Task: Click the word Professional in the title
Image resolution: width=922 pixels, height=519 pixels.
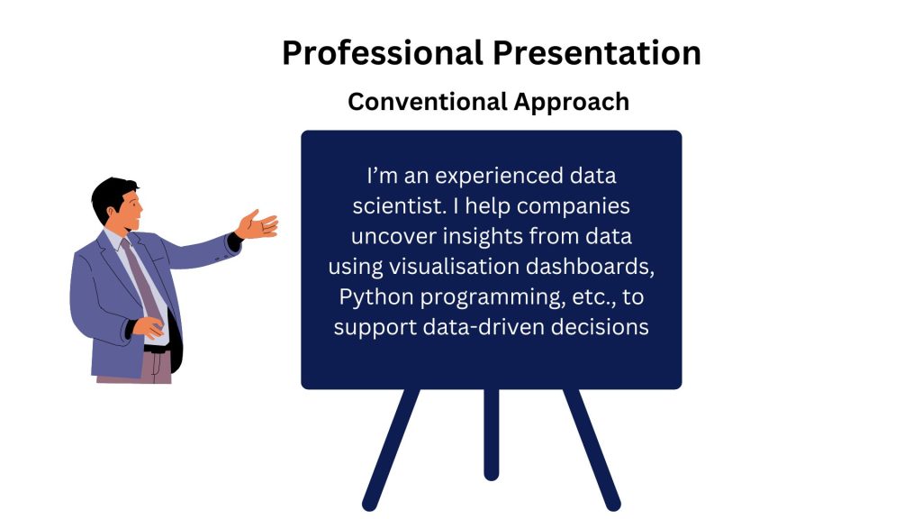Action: pos(383,53)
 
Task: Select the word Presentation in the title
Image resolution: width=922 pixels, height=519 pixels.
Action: pos(597,53)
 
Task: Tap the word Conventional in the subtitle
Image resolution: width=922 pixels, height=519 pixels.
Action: pos(427,101)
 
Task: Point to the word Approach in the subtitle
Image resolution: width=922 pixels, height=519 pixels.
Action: pos(572,103)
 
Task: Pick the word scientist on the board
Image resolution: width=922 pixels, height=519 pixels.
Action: pos(396,206)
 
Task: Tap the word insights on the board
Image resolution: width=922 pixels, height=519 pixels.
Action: pos(483,237)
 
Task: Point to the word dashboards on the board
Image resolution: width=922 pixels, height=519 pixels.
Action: pos(590,267)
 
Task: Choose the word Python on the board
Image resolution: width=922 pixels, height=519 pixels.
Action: pos(376,297)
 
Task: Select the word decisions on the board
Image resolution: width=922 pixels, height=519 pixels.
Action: pos(600,326)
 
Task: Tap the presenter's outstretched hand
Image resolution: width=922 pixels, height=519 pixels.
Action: pos(257,224)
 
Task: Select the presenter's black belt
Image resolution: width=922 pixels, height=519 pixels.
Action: pos(158,349)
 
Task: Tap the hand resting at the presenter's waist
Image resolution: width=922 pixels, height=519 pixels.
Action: pos(149,327)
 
